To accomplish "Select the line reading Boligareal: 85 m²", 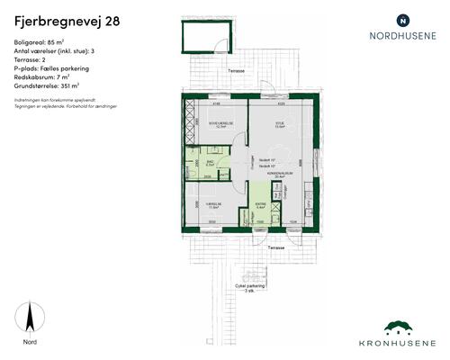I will pyautogui.click(x=44, y=41).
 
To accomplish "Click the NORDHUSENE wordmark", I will pyautogui.click(x=402, y=37).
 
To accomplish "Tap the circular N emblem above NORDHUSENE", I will pyautogui.click(x=402, y=19).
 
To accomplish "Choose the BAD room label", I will pyautogui.click(x=209, y=161).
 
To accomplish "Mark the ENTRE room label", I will pyautogui.click(x=258, y=202).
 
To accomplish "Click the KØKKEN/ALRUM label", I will pyautogui.click(x=286, y=174).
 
